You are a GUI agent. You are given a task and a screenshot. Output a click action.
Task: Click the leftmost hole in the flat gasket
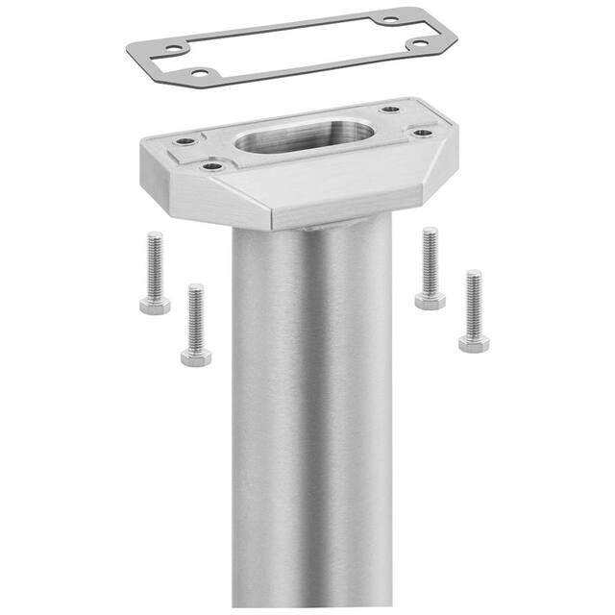[x=173, y=47]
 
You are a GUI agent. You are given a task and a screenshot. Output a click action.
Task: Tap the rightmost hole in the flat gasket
[x=419, y=44]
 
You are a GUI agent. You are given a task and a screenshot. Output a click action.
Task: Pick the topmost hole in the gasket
[x=389, y=19]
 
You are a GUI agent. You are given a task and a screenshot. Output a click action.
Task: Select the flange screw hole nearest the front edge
[x=213, y=167]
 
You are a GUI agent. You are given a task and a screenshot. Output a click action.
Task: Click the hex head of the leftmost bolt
[x=154, y=306]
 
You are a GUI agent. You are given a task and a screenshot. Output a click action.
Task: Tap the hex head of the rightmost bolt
[x=474, y=343]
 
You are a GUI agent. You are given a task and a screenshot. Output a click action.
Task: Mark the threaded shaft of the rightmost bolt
[x=474, y=302]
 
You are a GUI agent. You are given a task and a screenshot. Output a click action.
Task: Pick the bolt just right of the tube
[x=430, y=268]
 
